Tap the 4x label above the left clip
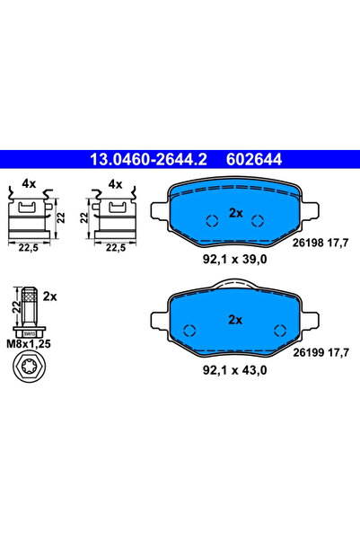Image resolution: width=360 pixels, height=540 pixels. pos(29,183)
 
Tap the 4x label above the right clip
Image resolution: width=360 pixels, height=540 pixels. pos(114,183)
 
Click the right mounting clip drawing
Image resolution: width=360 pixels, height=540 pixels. pos(113,216)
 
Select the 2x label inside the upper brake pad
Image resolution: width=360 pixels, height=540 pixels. pos(235,213)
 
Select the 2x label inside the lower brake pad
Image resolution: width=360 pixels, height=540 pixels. pos(235,319)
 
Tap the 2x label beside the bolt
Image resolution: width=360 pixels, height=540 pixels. pos(49,296)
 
